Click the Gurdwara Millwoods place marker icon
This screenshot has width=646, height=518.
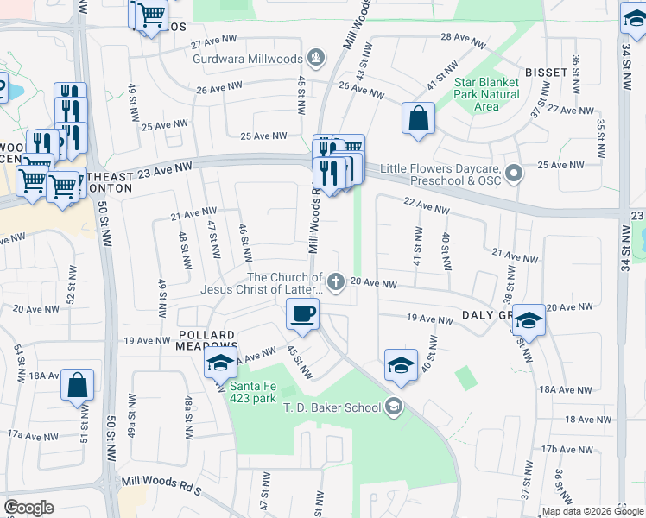[317, 59]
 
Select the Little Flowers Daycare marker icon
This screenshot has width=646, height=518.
[514, 174]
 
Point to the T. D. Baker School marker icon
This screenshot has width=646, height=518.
[394, 406]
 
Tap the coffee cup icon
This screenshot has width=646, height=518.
[302, 315]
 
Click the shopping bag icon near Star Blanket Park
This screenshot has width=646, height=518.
[418, 118]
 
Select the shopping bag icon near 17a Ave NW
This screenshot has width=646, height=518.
[77, 386]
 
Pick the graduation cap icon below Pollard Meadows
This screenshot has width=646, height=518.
[220, 363]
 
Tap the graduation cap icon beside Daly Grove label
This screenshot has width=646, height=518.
[528, 320]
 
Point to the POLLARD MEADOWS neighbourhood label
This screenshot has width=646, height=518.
[207, 341]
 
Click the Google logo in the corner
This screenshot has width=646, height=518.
[28, 507]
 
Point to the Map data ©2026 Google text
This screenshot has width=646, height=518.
[592, 512]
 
